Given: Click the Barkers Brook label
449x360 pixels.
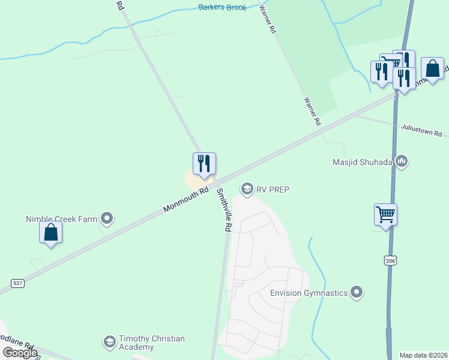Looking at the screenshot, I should tap(223, 7).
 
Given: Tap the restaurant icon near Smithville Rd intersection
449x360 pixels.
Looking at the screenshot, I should tap(204, 164).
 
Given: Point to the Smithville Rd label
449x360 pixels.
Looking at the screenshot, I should tap(224, 210).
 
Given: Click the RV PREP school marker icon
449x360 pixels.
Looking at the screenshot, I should tap(246, 190).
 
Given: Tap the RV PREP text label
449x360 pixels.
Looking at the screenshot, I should tap(273, 190).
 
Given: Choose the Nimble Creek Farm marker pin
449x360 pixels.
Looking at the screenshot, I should tap(107, 218).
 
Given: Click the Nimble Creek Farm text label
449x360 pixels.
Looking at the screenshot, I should tap(61, 219).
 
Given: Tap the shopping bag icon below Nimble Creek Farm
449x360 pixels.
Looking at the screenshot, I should tap(51, 233).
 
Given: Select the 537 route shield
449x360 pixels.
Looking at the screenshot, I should tap(17, 283).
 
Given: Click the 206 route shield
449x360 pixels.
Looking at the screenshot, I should tap(391, 260).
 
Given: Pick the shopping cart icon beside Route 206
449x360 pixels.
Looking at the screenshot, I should tap(385, 215).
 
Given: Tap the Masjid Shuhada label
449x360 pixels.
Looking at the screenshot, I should tap(363, 161).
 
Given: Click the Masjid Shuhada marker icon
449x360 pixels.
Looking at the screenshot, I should tap(402, 161).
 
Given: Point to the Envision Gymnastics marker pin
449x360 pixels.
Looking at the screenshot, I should tap(357, 293).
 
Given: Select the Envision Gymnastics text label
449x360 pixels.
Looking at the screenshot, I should tap(309, 293).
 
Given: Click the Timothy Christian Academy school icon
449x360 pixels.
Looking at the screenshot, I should tap(109, 343).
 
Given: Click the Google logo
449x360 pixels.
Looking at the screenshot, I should tap(20, 353).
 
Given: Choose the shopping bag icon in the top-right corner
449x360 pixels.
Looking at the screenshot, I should tap(432, 68).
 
